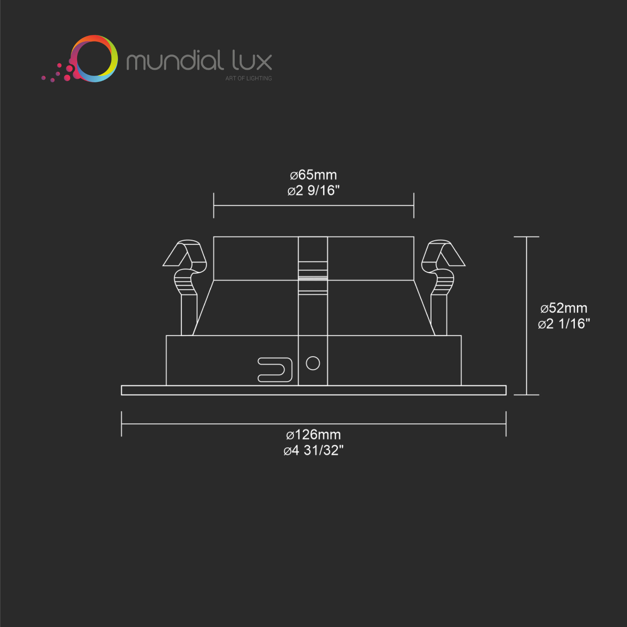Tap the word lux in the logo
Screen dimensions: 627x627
tap(252, 60)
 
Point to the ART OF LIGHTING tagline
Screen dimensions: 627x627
tap(248, 78)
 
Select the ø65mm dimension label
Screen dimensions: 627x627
tap(313, 175)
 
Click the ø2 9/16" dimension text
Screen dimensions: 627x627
tap(313, 190)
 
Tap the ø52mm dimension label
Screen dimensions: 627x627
tap(564, 308)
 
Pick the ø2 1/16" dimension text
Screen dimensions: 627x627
tap(564, 324)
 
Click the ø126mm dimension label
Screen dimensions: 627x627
tap(313, 435)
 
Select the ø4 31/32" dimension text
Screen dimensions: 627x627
tap(313, 450)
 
